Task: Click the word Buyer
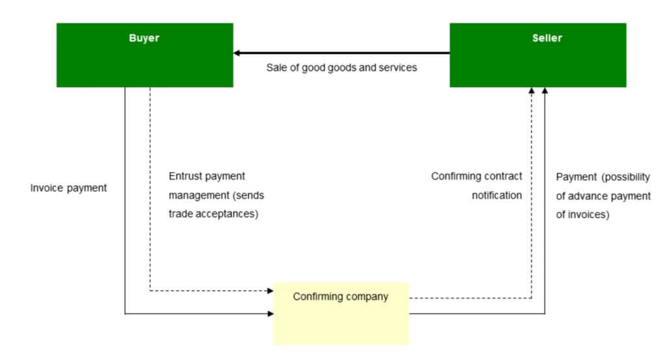[x=144, y=38]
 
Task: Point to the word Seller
[x=546, y=38]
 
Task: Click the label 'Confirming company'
[x=341, y=297]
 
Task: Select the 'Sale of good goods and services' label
[x=341, y=68]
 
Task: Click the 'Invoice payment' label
[x=68, y=189]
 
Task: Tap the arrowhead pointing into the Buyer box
[x=238, y=53]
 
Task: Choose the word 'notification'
[x=497, y=195]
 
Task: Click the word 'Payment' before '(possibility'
[x=576, y=177]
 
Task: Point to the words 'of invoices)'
[x=583, y=215]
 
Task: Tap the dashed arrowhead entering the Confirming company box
[x=269, y=290]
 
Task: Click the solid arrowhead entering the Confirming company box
[x=269, y=314]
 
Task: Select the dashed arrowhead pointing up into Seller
[x=532, y=92]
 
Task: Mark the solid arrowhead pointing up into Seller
[x=545, y=92]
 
